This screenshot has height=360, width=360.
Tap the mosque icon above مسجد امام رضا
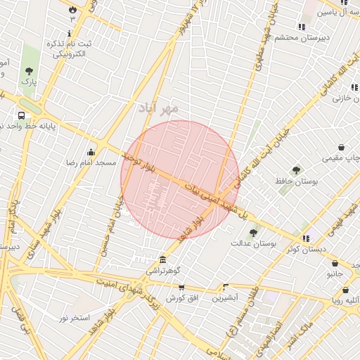pyautogui.click(x=91, y=152)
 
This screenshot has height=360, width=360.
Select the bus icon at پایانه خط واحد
pyautogui.click(x=22, y=115)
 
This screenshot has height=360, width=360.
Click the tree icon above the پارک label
pyautogui.click(x=29, y=71)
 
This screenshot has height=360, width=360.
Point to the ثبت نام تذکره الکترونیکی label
pyautogui.click(x=68, y=49)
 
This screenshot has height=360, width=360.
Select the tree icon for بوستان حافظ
pyautogui.click(x=297, y=170)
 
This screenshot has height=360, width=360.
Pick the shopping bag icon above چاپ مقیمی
pyautogui.click(x=341, y=148)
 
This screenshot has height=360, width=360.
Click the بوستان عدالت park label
pyautogui.click(x=255, y=243)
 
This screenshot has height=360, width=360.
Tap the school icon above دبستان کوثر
pyautogui.click(x=304, y=238)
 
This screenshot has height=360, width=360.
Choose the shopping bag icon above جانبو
pyautogui.click(x=335, y=264)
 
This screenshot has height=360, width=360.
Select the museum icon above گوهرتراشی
pyautogui.click(x=163, y=259)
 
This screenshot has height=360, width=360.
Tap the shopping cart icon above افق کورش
pyautogui.click(x=181, y=287)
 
